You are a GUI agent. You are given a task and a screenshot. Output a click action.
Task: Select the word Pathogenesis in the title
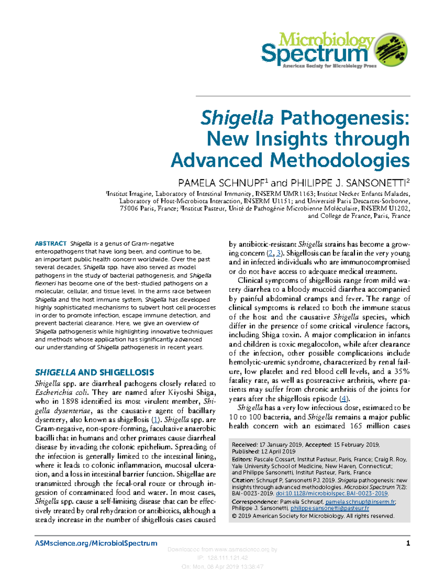click(345, 118)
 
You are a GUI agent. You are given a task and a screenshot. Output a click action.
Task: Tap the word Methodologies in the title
click(340, 160)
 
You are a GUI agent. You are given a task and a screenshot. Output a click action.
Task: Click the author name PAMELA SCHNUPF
click(221, 183)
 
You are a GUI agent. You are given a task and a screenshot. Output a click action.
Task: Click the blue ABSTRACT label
click(50, 244)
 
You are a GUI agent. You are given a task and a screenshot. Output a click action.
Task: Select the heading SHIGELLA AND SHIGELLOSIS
click(94, 372)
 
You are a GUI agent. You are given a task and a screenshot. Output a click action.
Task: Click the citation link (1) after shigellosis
click(156, 420)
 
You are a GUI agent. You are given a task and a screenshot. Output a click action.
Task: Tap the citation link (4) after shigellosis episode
click(345, 399)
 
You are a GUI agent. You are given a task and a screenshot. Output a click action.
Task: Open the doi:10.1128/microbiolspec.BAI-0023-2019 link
click(332, 493)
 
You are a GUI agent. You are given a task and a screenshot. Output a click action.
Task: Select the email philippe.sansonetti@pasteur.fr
click(329, 508)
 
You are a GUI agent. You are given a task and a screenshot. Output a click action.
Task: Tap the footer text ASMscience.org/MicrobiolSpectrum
click(96, 543)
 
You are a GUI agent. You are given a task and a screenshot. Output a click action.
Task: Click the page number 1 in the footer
click(408, 543)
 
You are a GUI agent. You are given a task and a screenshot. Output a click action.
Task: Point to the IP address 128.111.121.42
click(228, 558)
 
